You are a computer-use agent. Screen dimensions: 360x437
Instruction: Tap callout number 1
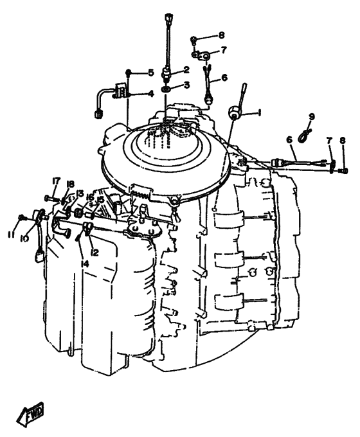tap(259, 112)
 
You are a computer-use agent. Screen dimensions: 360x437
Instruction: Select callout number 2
tap(186, 69)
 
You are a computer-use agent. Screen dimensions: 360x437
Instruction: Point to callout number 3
tap(186, 85)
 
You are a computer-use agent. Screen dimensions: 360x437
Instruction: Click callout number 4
tap(151, 94)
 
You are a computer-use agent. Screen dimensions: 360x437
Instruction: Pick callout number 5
tap(151, 73)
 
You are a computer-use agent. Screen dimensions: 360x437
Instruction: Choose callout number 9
tap(312, 116)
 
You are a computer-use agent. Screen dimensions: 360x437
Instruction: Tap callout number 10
tap(25, 238)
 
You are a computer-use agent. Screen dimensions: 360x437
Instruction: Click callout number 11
tap(11, 235)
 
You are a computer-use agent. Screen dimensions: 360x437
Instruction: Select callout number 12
tap(94, 253)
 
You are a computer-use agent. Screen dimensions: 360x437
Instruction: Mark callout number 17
tap(56, 181)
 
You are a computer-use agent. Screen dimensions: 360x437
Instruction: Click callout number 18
tap(71, 184)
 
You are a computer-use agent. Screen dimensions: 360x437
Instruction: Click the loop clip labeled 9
tap(304, 136)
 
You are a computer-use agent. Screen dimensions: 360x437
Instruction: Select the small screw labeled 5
tap(129, 73)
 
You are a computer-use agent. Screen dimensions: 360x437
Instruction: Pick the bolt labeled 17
tap(51, 199)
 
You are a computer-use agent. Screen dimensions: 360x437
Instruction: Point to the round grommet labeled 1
tap(233, 112)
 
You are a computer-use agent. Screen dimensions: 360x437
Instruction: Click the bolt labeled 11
tap(21, 217)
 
